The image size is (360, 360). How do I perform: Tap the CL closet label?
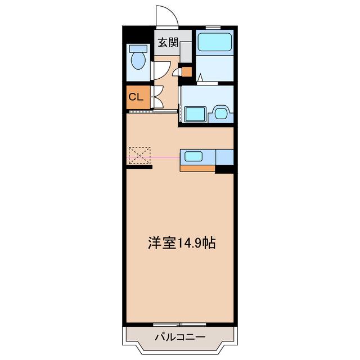tap(136, 97)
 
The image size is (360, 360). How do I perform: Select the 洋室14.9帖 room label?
tap(182, 243)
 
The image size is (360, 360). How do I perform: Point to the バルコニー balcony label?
tap(180, 337)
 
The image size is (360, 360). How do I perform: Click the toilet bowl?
tap(138, 61)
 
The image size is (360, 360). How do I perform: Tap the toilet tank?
tap(138, 48)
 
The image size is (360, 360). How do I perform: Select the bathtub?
tap(215, 42)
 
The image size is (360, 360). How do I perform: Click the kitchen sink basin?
tap(193, 156)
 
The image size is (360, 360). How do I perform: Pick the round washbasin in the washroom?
tap(220, 113)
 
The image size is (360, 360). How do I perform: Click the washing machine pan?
tap(195, 114)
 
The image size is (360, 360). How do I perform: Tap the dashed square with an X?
tap(139, 155)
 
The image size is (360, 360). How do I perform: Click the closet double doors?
tap(159, 97)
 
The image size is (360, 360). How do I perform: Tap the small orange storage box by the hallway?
tap(187, 72)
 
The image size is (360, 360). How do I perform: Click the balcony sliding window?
tap(179, 325)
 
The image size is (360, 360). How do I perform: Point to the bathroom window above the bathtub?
tap(213, 28)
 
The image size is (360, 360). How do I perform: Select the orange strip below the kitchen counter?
tap(197, 168)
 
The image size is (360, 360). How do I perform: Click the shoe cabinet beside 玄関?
tap(186, 52)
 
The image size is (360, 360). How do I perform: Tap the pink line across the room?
tap(154, 157)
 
